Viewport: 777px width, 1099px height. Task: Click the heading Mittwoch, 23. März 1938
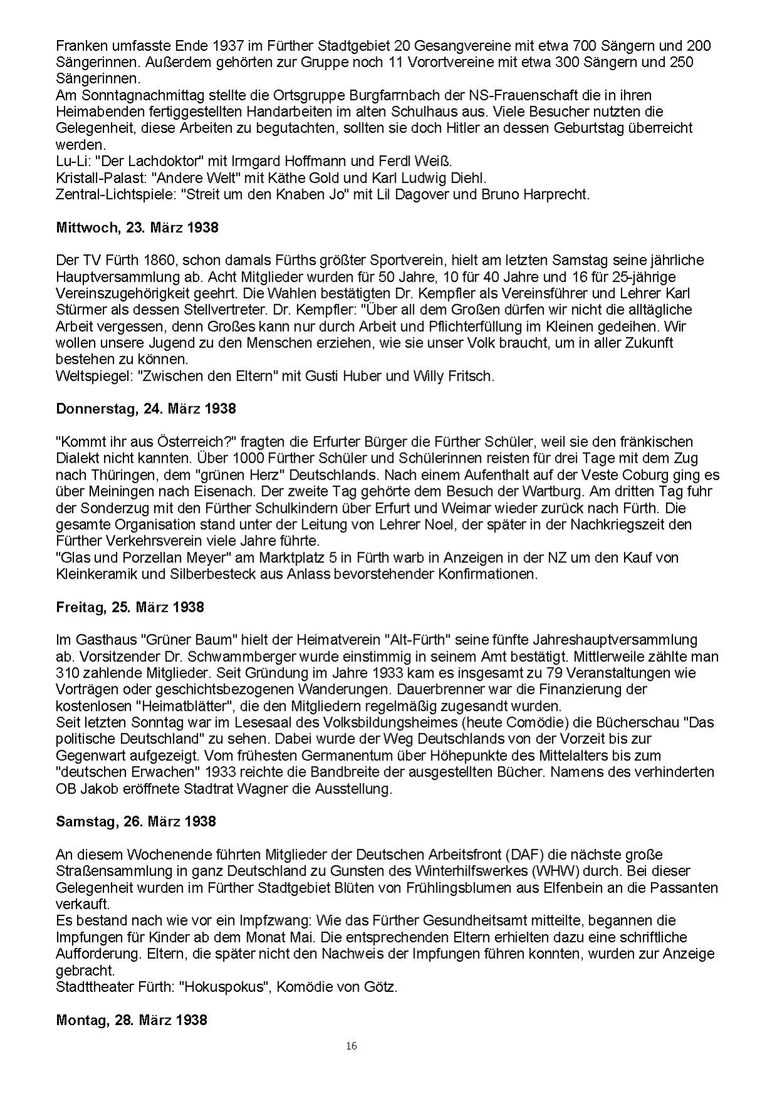(137, 228)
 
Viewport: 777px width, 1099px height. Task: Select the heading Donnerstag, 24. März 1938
(146, 409)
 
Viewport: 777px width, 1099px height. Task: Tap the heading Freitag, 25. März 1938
(130, 607)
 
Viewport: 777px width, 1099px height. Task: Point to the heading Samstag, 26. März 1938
(136, 821)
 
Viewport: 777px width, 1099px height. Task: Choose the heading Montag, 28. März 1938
(132, 1019)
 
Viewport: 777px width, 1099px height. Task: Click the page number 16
(351, 1046)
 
